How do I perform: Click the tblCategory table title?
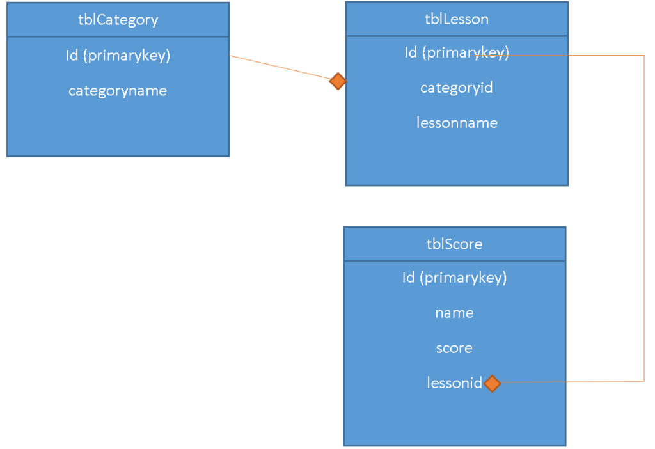(118, 20)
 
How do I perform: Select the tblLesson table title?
(457, 19)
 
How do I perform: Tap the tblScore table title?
(454, 244)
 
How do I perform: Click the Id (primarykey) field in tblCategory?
(118, 56)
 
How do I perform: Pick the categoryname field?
(118, 91)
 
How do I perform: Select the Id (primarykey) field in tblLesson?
(457, 52)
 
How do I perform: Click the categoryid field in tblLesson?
(457, 88)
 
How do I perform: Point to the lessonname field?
(457, 123)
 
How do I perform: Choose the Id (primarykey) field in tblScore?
(454, 278)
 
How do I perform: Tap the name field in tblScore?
(454, 313)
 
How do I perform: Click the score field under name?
(454, 348)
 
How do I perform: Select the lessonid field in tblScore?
(454, 383)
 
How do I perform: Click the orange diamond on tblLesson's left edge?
(338, 81)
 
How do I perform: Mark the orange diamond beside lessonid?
(492, 383)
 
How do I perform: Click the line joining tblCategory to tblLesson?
(281, 68)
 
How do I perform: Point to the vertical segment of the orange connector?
(644, 217)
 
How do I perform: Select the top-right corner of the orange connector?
(644, 56)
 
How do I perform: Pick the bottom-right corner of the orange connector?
(644, 381)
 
